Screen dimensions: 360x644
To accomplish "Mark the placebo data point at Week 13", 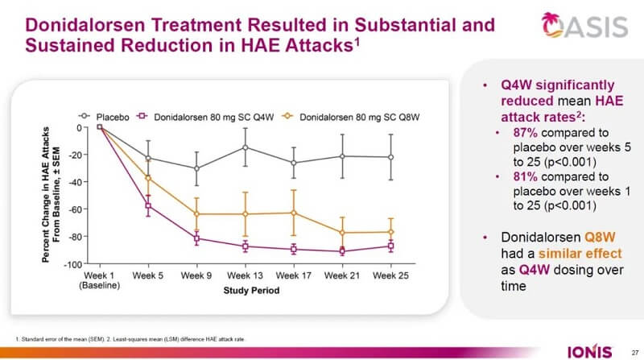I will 245,147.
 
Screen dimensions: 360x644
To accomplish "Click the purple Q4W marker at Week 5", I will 147,206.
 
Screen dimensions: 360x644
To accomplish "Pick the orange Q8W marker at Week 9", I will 196,214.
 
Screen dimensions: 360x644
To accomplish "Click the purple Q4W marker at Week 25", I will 391,246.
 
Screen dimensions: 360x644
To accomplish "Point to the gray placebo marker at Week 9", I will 196,168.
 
